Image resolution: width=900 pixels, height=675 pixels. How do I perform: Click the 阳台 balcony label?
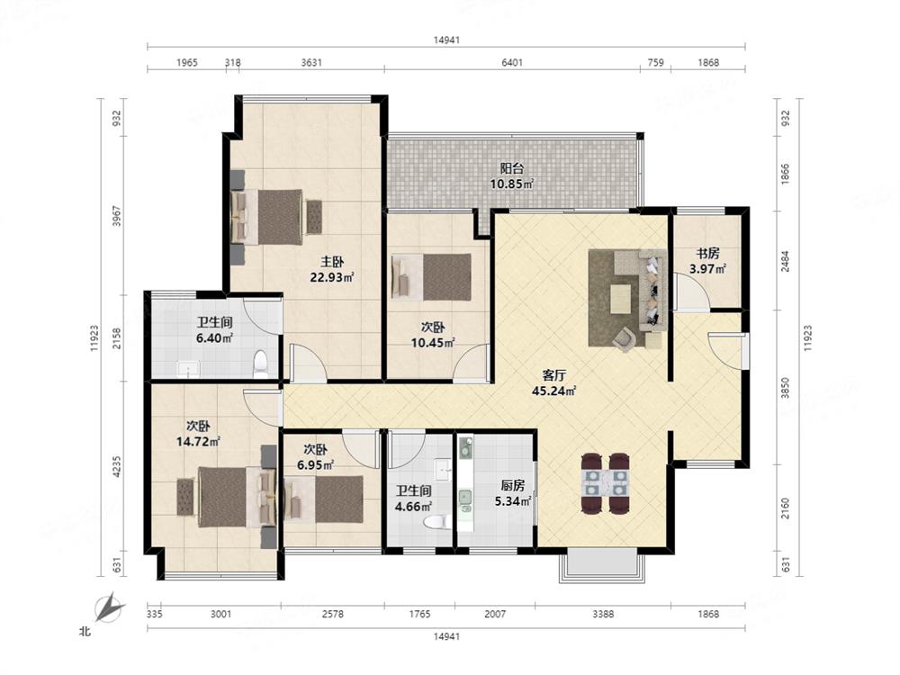tap(511, 169)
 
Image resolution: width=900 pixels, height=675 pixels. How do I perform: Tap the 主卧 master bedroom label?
tap(332, 262)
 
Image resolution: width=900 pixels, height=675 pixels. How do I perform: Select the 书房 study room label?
tap(707, 253)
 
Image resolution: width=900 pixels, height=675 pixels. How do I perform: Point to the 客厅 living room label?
tap(553, 376)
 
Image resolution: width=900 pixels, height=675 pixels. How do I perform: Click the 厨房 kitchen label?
tap(513, 486)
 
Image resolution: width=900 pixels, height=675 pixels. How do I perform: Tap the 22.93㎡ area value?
tap(332, 278)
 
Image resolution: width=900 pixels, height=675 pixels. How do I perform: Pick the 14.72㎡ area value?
tap(198, 441)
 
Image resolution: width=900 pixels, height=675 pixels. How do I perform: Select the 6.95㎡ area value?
tap(316, 464)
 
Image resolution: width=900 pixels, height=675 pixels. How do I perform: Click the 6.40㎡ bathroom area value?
tap(214, 338)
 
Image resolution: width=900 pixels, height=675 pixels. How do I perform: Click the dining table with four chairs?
tap(605, 482)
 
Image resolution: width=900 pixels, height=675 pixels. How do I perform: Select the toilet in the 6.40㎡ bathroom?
tap(260, 364)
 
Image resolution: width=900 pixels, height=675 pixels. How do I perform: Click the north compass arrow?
tap(109, 607)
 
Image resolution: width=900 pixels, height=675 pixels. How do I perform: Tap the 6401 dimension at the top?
tap(512, 63)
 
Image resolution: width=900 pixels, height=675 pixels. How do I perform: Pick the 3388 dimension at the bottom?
tap(603, 614)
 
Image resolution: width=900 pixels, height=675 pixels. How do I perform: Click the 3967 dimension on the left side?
tap(117, 216)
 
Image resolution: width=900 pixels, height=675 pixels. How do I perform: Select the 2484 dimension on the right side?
tap(785, 261)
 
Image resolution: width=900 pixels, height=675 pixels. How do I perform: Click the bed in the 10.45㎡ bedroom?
tap(432, 278)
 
